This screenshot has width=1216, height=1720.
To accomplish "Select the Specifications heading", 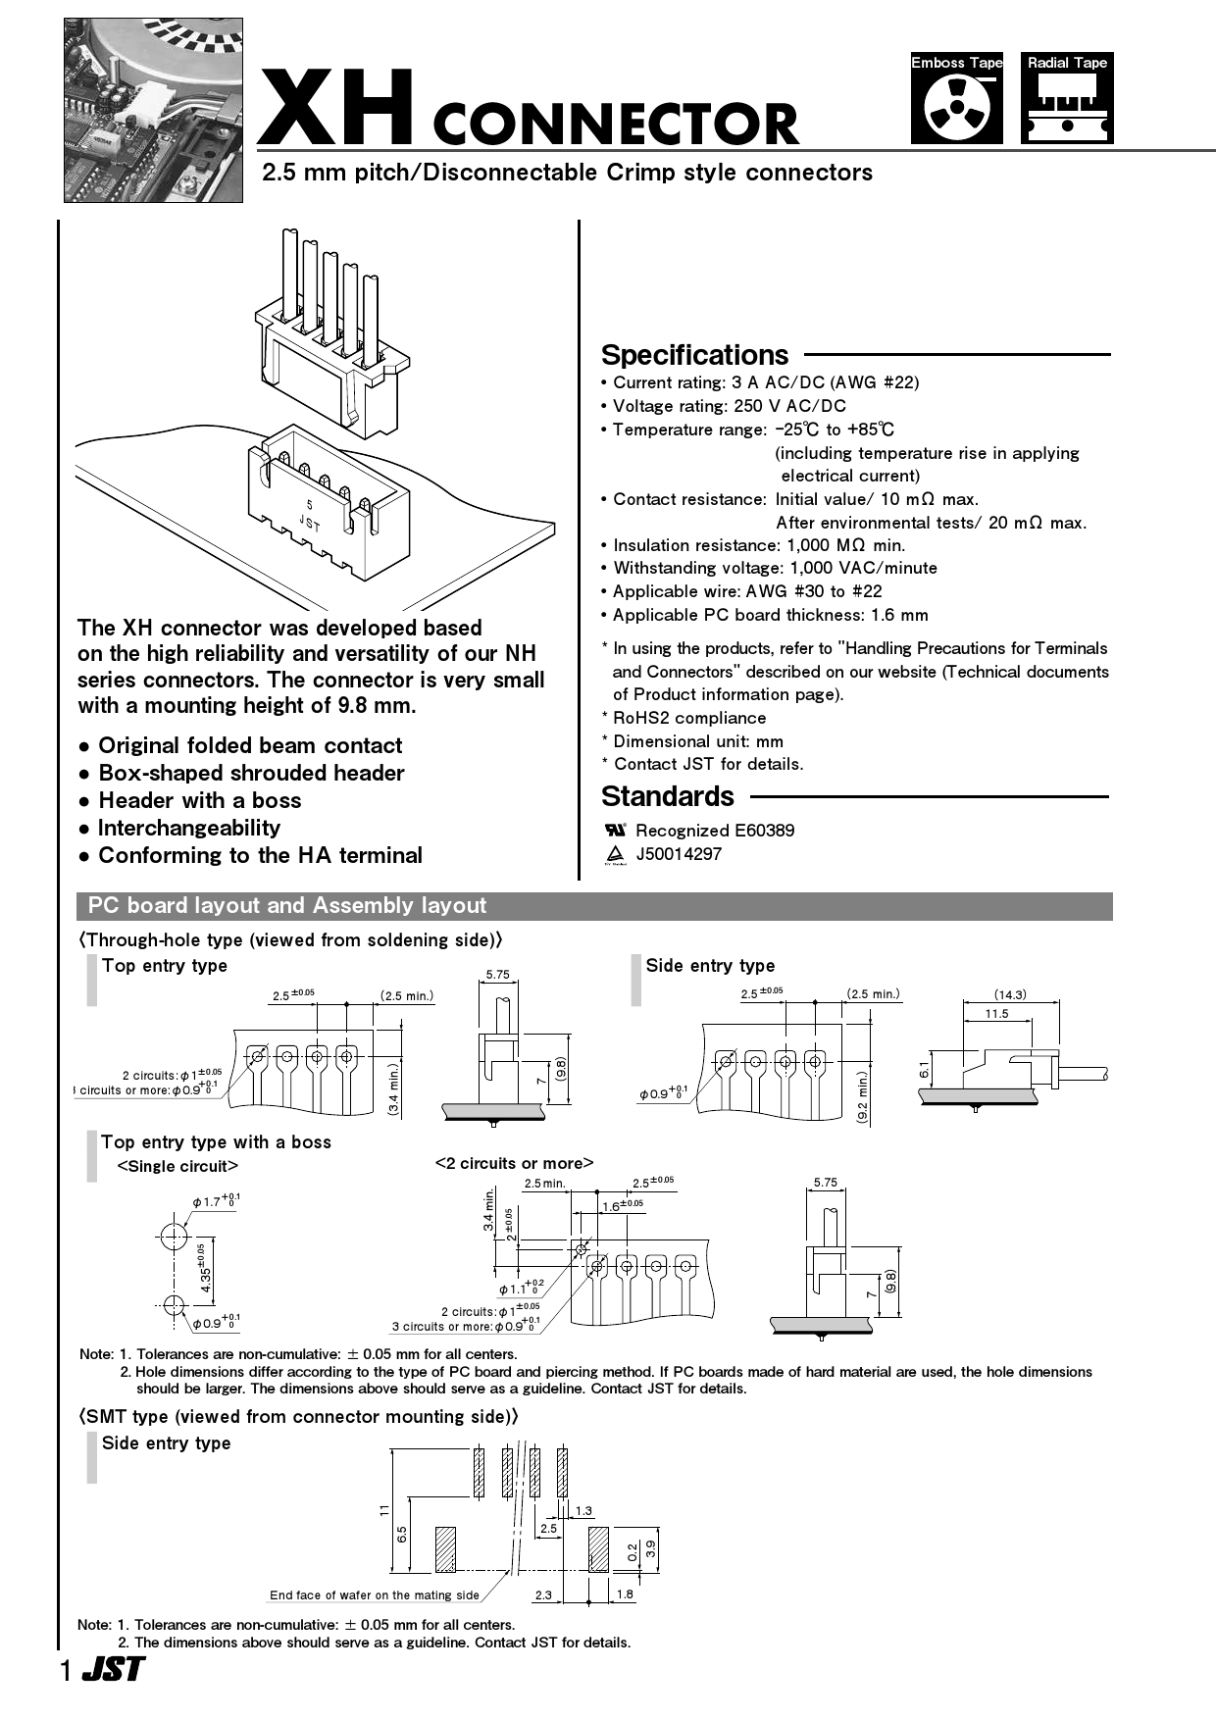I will coord(694,355).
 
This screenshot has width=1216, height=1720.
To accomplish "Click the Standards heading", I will coord(667,796).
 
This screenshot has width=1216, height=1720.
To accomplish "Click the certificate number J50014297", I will coord(679,854).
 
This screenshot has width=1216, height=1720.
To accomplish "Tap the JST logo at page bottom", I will coord(113,1670).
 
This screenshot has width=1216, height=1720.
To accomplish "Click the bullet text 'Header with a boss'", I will coord(200,800).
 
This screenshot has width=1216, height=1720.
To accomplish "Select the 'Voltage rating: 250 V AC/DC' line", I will coord(729,406).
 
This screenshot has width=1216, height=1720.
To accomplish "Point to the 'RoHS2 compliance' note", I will coord(688,718).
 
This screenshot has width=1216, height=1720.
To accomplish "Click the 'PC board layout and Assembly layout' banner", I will coord(287,906).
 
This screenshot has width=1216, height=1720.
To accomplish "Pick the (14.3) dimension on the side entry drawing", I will coord(1010,994).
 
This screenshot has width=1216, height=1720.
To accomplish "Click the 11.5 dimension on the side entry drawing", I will coord(996,1013).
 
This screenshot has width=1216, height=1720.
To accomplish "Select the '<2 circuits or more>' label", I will coord(514,1164).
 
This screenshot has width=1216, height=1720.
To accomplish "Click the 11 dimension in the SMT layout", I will coord(384,1510).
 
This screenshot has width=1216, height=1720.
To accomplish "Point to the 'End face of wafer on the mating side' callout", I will coord(375,1595).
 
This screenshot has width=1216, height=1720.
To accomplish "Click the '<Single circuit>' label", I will coord(177,1166).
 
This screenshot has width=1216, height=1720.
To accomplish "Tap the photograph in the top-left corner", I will coord(153,110).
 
